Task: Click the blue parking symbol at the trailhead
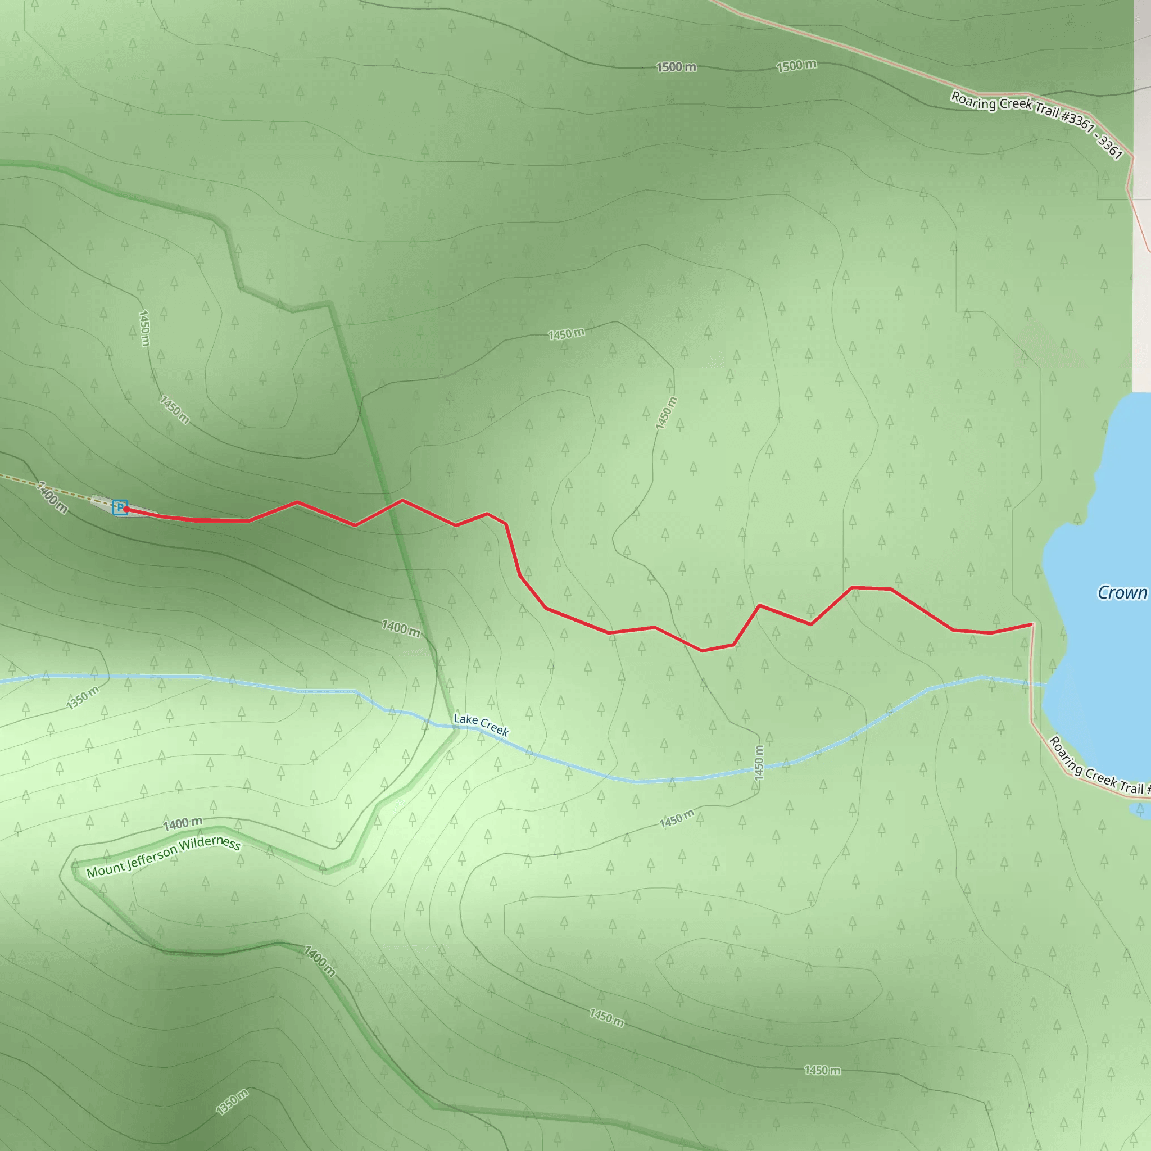120,507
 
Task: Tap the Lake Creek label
481,725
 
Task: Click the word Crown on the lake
1122,593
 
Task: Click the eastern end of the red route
1031,624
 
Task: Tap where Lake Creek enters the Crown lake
1044,686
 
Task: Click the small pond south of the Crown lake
1141,810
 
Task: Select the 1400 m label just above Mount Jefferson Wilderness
183,824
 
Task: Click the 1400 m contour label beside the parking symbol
52,497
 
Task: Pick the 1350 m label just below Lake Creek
83,697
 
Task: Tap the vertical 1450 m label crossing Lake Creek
758,763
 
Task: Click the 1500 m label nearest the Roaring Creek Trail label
796,66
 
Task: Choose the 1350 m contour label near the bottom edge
232,1102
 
